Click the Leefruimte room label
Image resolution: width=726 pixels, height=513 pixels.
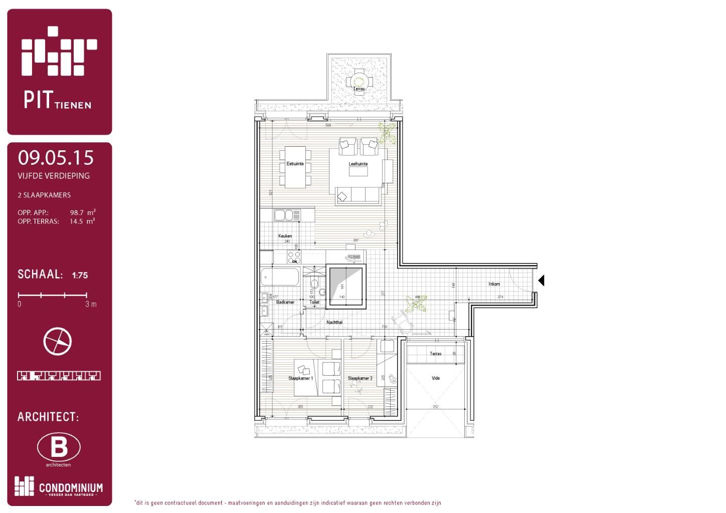click(x=358, y=164)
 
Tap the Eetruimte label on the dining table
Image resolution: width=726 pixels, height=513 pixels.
click(x=295, y=164)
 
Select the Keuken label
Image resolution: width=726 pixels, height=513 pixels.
click(x=285, y=236)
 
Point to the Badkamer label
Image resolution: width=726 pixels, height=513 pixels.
click(x=285, y=302)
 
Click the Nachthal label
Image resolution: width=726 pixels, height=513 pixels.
click(x=334, y=322)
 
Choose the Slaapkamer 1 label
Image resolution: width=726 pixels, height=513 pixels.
click(x=300, y=378)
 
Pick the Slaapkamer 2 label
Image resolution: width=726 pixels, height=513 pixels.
click(x=360, y=378)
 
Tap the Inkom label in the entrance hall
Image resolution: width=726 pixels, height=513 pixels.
click(x=494, y=284)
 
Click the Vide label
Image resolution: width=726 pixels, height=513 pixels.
click(x=436, y=378)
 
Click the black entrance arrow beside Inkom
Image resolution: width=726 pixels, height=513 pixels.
click(x=541, y=281)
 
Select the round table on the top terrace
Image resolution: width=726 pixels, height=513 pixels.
click(x=358, y=81)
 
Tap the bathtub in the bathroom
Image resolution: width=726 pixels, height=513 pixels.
click(x=280, y=277)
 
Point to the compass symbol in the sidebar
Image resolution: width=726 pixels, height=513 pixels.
click(x=58, y=342)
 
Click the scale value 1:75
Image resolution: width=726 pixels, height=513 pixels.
click(x=80, y=275)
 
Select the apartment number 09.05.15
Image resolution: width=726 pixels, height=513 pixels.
click(x=56, y=158)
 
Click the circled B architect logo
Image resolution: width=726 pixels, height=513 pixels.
click(x=59, y=447)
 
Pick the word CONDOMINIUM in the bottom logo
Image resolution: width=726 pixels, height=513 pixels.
click(x=71, y=487)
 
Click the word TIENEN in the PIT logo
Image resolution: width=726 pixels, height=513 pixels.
click(x=73, y=105)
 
